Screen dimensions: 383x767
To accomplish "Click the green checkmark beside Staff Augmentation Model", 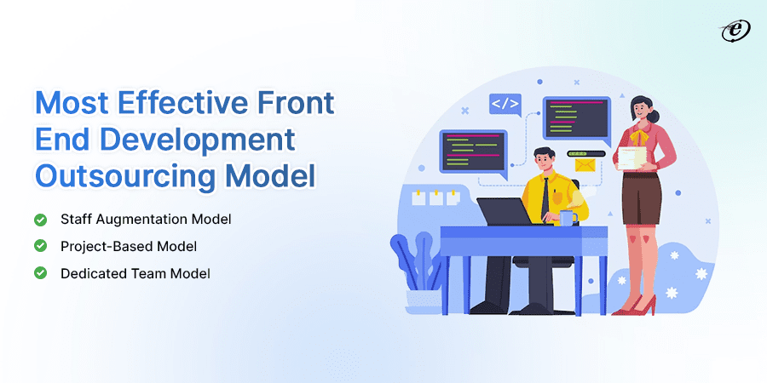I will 40,220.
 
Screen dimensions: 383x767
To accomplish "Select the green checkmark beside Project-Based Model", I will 40,246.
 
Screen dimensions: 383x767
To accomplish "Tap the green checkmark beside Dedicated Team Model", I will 40,273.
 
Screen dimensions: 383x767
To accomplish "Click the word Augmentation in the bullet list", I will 144,220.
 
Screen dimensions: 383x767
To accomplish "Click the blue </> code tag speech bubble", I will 505,105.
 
